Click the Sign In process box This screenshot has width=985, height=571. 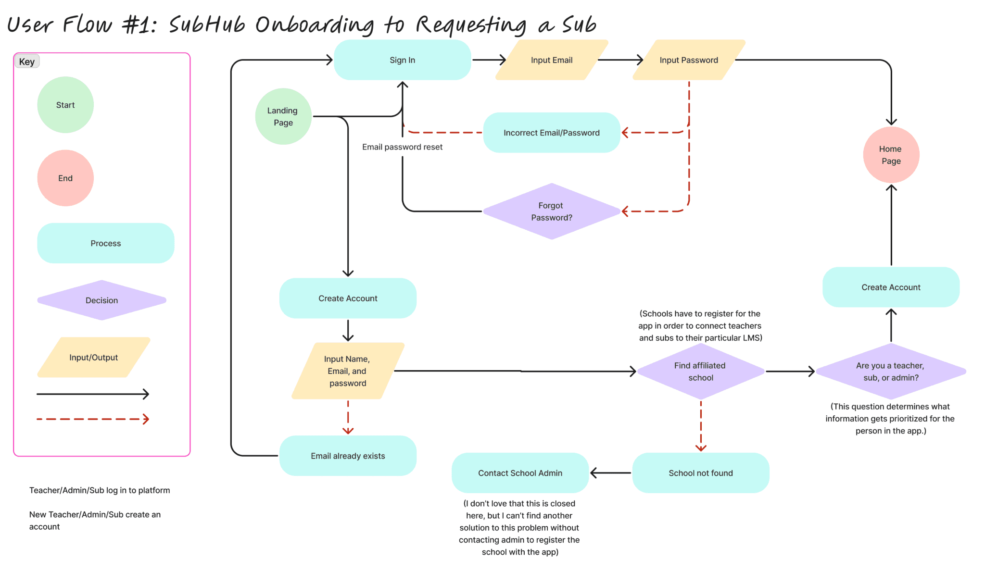click(x=402, y=60)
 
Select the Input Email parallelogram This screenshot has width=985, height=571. click(x=551, y=60)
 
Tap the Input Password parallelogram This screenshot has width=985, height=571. click(x=689, y=60)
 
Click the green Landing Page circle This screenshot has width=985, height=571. click(x=283, y=116)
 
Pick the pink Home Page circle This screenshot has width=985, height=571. click(x=891, y=155)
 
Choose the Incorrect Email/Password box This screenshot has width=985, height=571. click(x=551, y=133)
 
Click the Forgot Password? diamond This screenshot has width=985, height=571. click(x=551, y=211)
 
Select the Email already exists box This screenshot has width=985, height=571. click(x=348, y=456)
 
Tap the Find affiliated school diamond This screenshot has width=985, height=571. click(x=700, y=372)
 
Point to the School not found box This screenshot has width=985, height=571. click(x=700, y=473)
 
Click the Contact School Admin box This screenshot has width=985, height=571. click(x=520, y=473)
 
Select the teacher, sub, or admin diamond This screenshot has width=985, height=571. click(x=891, y=372)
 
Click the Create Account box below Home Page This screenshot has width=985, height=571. click(x=891, y=287)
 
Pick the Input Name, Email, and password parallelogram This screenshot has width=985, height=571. click(x=348, y=371)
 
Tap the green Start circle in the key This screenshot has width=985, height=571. click(x=65, y=105)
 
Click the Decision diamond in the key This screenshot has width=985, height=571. click(x=101, y=300)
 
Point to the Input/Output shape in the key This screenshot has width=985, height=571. click(x=94, y=358)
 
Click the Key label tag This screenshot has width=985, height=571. click(x=27, y=62)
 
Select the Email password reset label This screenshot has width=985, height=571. click(x=402, y=147)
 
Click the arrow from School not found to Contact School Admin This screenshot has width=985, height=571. click(x=610, y=473)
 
